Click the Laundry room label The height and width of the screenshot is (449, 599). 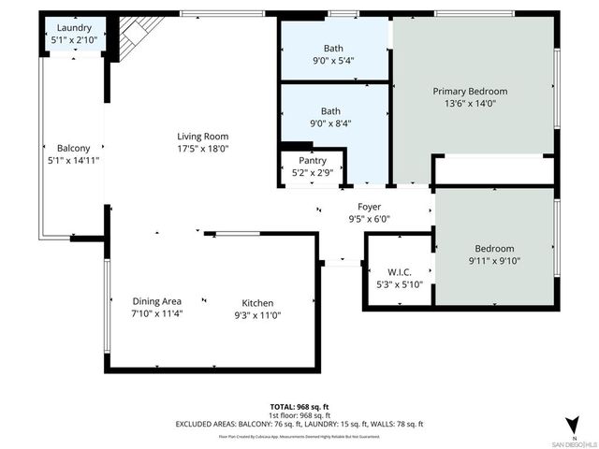[73, 28]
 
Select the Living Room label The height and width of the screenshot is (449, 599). [203, 137]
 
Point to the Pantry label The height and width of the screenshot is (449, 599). [313, 161]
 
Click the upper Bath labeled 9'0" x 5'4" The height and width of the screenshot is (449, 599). [333, 48]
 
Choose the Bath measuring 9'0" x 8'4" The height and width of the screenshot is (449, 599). [333, 110]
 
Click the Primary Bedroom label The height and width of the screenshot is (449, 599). [470, 92]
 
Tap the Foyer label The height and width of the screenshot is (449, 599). [369, 208]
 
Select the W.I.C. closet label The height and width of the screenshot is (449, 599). [399, 272]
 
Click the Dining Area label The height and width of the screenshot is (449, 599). [157, 301]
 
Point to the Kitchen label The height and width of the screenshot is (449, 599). [258, 303]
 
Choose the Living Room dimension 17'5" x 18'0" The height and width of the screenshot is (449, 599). [203, 148]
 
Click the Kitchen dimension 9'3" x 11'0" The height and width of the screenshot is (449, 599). [258, 314]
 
